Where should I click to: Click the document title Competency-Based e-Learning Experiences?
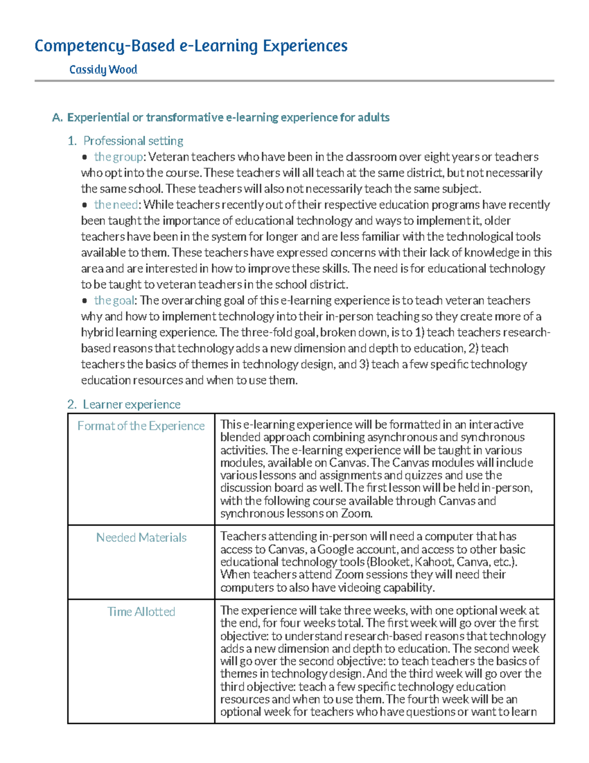[x=191, y=46]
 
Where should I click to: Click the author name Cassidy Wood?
[x=103, y=70]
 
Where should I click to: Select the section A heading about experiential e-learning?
[x=220, y=117]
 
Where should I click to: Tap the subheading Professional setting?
[x=133, y=141]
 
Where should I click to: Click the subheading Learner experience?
[x=131, y=404]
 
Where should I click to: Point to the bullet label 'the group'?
[x=118, y=157]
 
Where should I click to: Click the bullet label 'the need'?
[x=116, y=204]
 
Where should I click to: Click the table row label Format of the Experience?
[x=141, y=426]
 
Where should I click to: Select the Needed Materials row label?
[x=141, y=537]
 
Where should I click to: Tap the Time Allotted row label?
[x=141, y=612]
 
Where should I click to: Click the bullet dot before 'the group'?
[x=85, y=157]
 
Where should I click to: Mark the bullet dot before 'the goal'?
[x=85, y=301]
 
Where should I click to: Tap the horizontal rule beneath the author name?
[x=294, y=81]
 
